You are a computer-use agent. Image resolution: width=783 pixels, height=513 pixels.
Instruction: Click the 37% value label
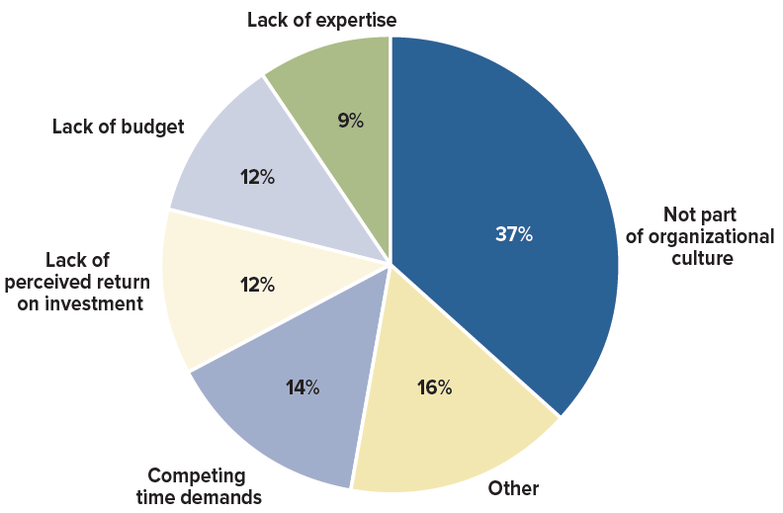point(513,235)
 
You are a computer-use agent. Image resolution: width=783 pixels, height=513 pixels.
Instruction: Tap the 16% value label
point(433,387)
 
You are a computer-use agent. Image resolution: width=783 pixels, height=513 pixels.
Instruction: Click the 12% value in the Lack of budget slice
point(257,178)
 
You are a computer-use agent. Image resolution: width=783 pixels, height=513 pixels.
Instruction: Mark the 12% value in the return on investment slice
point(257,285)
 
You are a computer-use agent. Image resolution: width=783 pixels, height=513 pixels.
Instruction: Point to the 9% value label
point(350,122)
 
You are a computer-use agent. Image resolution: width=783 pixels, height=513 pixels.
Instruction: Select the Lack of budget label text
point(118,128)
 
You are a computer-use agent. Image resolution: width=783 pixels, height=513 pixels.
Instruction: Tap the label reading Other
point(513,488)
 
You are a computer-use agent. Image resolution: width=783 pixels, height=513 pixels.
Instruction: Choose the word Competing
point(197,475)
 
